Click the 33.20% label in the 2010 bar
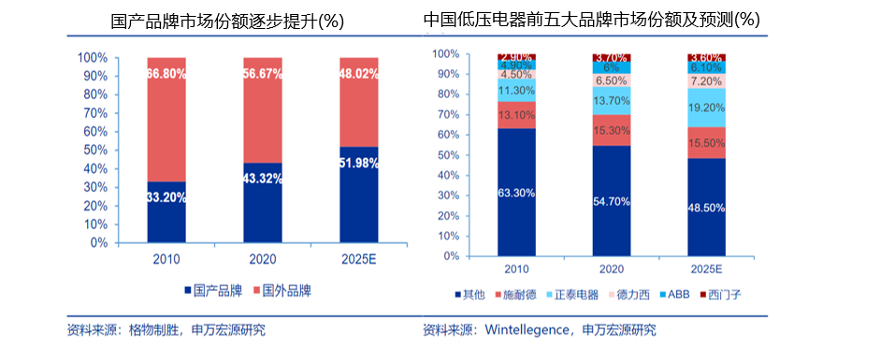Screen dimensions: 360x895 coord(166,197)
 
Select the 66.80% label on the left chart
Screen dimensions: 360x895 coord(166,73)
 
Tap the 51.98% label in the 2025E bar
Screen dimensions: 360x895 coord(358,164)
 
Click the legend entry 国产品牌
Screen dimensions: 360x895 coord(214,291)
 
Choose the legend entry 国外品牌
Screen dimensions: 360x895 coord(282,291)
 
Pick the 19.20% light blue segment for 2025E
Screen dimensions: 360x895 coord(706,108)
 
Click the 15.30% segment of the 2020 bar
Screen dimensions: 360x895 coord(611,130)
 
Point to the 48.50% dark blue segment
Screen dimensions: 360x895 coord(706,207)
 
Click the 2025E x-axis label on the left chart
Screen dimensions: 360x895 coord(359,259)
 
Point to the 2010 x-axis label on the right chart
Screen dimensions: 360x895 coord(516,269)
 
